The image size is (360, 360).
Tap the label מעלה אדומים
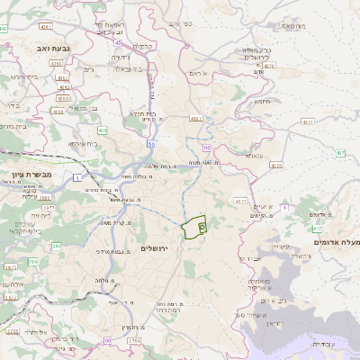(x=335, y=242)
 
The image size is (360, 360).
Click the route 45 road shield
(x=118, y=40)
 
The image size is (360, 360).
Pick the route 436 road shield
(x=102, y=130)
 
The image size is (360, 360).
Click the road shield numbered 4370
(x=275, y=166)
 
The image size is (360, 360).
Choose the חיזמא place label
(x=263, y=103)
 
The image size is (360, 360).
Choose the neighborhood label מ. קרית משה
(x=118, y=221)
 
